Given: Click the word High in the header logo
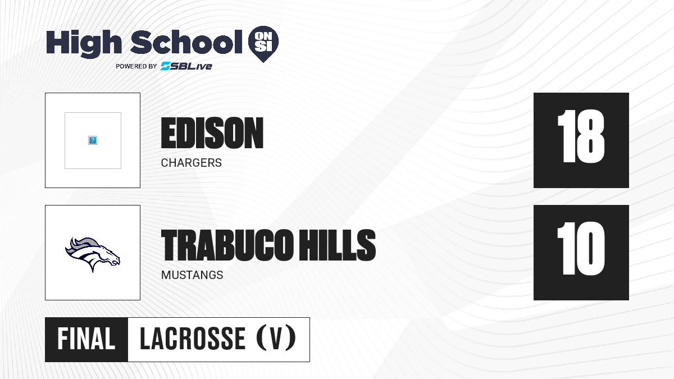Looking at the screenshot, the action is pyautogui.click(x=84, y=43).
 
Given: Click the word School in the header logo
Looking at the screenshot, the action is pyautogui.click(x=186, y=42).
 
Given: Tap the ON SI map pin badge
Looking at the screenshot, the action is pyautogui.click(x=263, y=44).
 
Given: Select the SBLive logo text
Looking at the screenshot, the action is pyautogui.click(x=186, y=66).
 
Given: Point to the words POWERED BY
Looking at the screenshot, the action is pyautogui.click(x=136, y=66).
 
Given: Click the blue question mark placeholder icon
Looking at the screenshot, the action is pyautogui.click(x=93, y=140).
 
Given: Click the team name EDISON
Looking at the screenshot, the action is pyautogui.click(x=212, y=133).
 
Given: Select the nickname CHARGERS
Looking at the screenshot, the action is pyautogui.click(x=192, y=163).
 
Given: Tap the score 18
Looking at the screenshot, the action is pyautogui.click(x=581, y=136).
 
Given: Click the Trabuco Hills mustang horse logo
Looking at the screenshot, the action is pyautogui.click(x=93, y=254).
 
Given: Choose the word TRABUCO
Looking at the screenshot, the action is pyautogui.click(x=227, y=245).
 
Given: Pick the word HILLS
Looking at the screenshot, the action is pyautogui.click(x=338, y=245).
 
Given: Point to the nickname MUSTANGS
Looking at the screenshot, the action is pyautogui.click(x=192, y=275).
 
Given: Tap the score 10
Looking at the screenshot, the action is pyautogui.click(x=581, y=248).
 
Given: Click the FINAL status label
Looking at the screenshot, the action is pyautogui.click(x=86, y=339).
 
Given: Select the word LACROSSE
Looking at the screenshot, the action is pyautogui.click(x=193, y=339).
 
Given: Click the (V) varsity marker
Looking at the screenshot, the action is pyautogui.click(x=276, y=338).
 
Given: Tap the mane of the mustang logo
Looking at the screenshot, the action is pyautogui.click(x=83, y=245).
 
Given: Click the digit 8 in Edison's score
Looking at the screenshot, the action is pyautogui.click(x=590, y=136).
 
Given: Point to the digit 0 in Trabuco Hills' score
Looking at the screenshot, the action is pyautogui.click(x=590, y=248).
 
